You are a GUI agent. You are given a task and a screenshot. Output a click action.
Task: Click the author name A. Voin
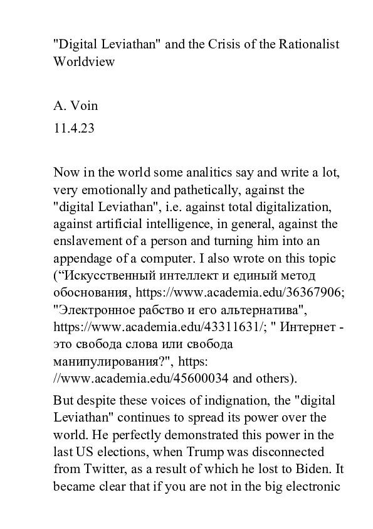[x=76, y=106]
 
